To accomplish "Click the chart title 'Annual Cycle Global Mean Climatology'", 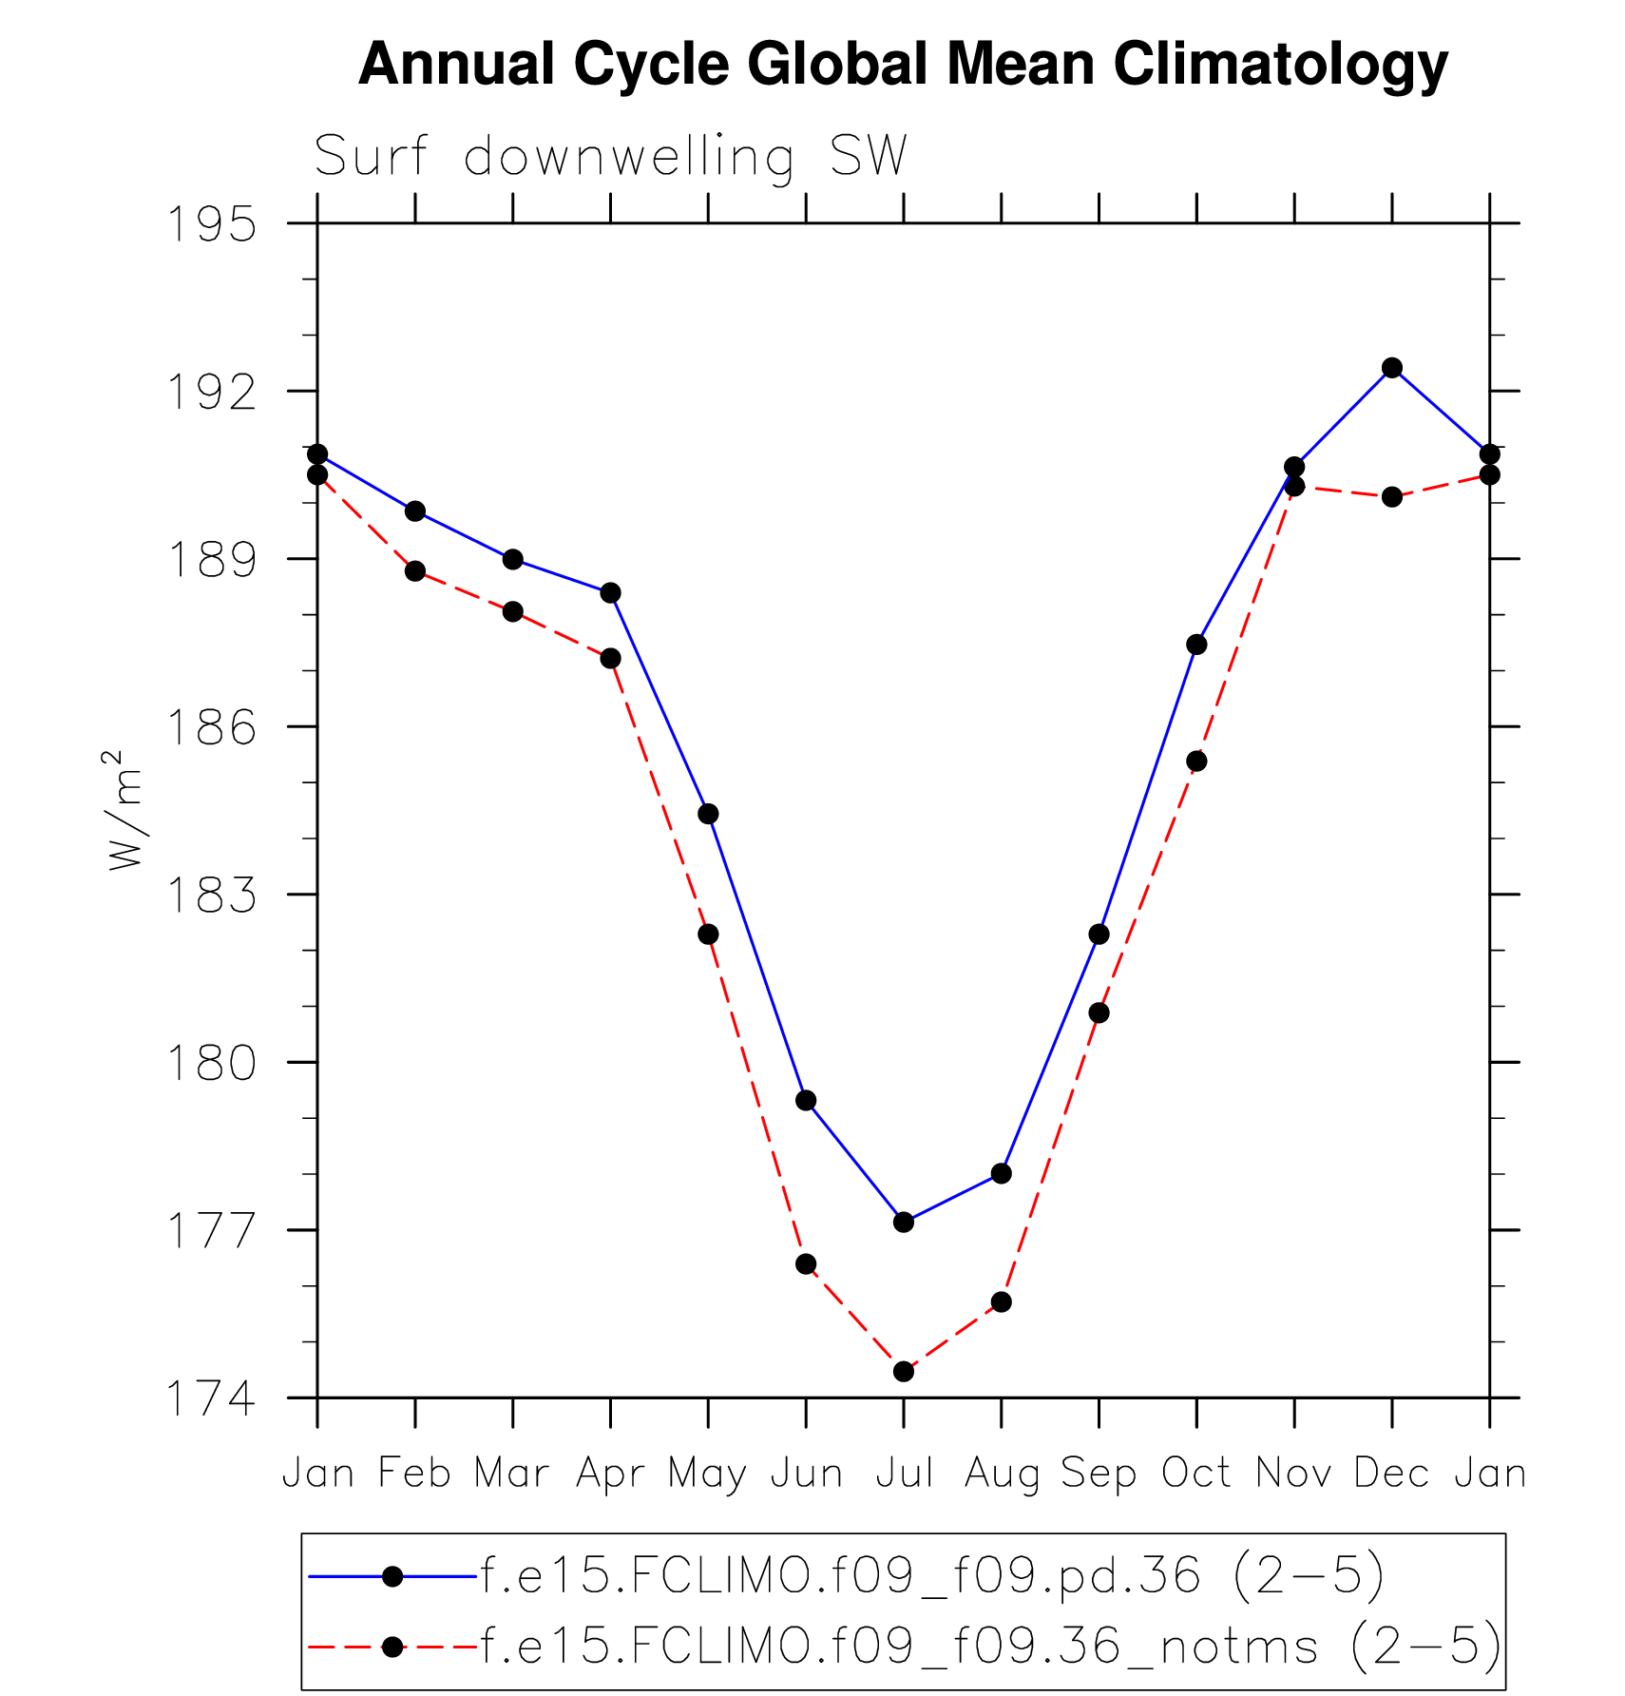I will click(x=903, y=65).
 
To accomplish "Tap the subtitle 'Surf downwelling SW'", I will click(x=611, y=157).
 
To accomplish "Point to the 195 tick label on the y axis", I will click(x=212, y=225).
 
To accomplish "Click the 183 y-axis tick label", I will click(x=212, y=896).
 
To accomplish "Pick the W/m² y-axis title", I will click(x=125, y=810).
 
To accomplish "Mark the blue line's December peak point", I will click(x=1392, y=368).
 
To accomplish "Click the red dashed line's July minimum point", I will click(x=904, y=1371).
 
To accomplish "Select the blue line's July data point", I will click(x=904, y=1222).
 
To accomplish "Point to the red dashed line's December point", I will click(x=1392, y=496).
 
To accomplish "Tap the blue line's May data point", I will click(x=708, y=814).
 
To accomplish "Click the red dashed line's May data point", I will click(x=708, y=935).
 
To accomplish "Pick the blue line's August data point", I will click(x=1002, y=1173).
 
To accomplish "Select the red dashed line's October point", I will click(x=1196, y=761).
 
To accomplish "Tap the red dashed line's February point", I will click(x=415, y=571).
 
